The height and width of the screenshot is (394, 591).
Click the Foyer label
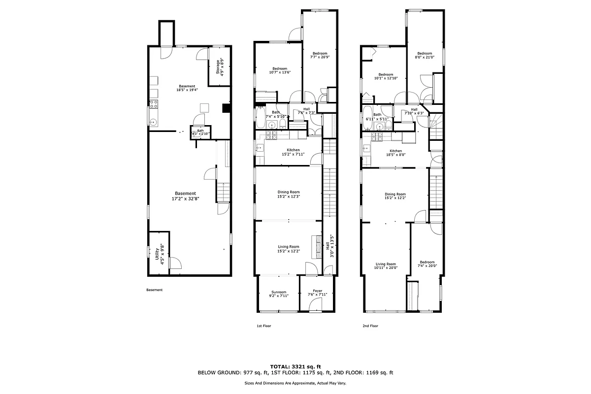pyautogui.click(x=318, y=291)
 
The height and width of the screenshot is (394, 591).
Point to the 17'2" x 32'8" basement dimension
pyautogui.click(x=186, y=199)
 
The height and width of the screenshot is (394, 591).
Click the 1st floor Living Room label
pyautogui.click(x=288, y=247)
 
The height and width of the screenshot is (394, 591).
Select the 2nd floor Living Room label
pyautogui.click(x=386, y=264)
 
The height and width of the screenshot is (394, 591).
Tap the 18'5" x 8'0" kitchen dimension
pyautogui.click(x=395, y=155)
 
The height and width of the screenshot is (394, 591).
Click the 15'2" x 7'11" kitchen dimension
pyautogui.click(x=293, y=154)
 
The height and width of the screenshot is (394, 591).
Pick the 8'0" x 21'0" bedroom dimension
pyautogui.click(x=425, y=57)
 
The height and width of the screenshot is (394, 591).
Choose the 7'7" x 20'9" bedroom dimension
pyautogui.click(x=320, y=57)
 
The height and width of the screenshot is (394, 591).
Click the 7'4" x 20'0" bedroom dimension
pyautogui.click(x=427, y=266)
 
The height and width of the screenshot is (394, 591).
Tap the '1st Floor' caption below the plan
pyautogui.click(x=264, y=326)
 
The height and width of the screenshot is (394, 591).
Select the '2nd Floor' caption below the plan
pyautogui.click(x=370, y=326)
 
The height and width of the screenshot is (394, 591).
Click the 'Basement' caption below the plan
pyautogui.click(x=155, y=290)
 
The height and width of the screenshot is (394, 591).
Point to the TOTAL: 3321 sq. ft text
pyautogui.click(x=295, y=366)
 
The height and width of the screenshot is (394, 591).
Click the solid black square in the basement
pyautogui.click(x=227, y=109)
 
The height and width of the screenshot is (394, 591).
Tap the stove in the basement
pyautogui.click(x=154, y=104)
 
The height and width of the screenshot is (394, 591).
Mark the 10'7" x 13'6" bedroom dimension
pyautogui.click(x=280, y=72)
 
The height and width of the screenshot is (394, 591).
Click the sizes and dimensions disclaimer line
pyautogui.click(x=295, y=383)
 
